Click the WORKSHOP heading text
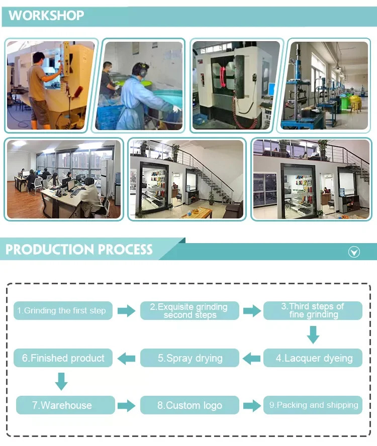pyautogui.click(x=46, y=16)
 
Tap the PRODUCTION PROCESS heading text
pyautogui.click(x=79, y=250)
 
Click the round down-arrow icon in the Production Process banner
pyautogui.click(x=354, y=252)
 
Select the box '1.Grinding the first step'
pyautogui.click(x=63, y=311)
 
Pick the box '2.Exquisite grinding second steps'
pyautogui.click(x=190, y=311)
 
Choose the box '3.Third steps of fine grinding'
pyautogui.click(x=313, y=311)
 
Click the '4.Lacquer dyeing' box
pyautogui.click(x=313, y=358)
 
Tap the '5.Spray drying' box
pyautogui.click(x=190, y=358)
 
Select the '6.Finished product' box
pyautogui.click(x=63, y=358)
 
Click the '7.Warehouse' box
pyautogui.click(x=63, y=405)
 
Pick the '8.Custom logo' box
pyautogui.click(x=190, y=405)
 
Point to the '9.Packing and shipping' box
pyautogui.click(x=313, y=405)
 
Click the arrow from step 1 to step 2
pyautogui.click(x=126, y=311)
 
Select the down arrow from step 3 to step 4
pyautogui.click(x=313, y=334)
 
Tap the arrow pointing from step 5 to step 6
pyautogui.click(x=126, y=358)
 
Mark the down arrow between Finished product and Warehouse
pyautogui.click(x=61, y=381)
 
